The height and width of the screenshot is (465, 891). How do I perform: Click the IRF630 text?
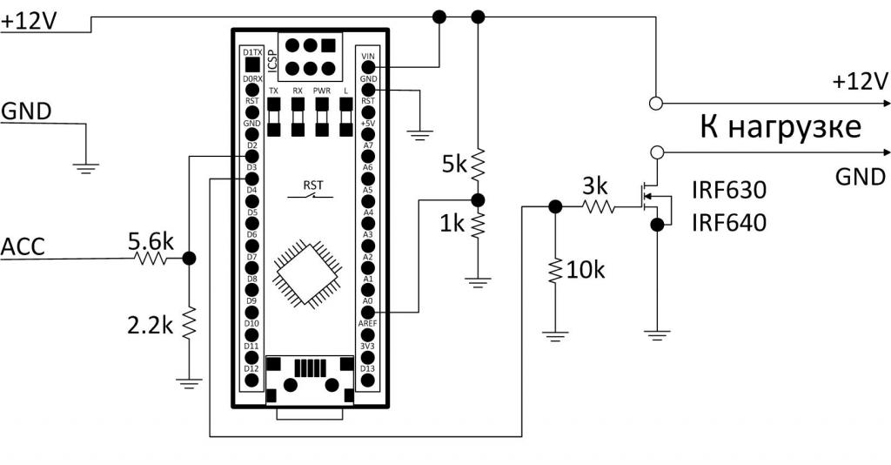pyautogui.click(x=729, y=190)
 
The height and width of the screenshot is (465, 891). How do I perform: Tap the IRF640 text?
pyautogui.click(x=729, y=223)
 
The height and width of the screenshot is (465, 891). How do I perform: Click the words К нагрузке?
pyautogui.click(x=780, y=127)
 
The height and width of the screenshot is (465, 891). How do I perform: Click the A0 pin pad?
pyautogui.click(x=367, y=312)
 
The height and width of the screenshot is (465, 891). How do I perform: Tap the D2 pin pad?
pyautogui.click(x=251, y=156)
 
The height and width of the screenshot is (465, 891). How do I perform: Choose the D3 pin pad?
pyautogui.click(x=251, y=178)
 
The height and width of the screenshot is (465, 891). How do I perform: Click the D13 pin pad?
pyautogui.click(x=367, y=379)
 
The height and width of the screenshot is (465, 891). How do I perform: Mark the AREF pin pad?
pyautogui.click(x=367, y=334)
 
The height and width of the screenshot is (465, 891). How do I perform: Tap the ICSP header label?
pyautogui.click(x=269, y=57)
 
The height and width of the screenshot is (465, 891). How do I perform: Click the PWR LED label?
pyautogui.click(x=322, y=91)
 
